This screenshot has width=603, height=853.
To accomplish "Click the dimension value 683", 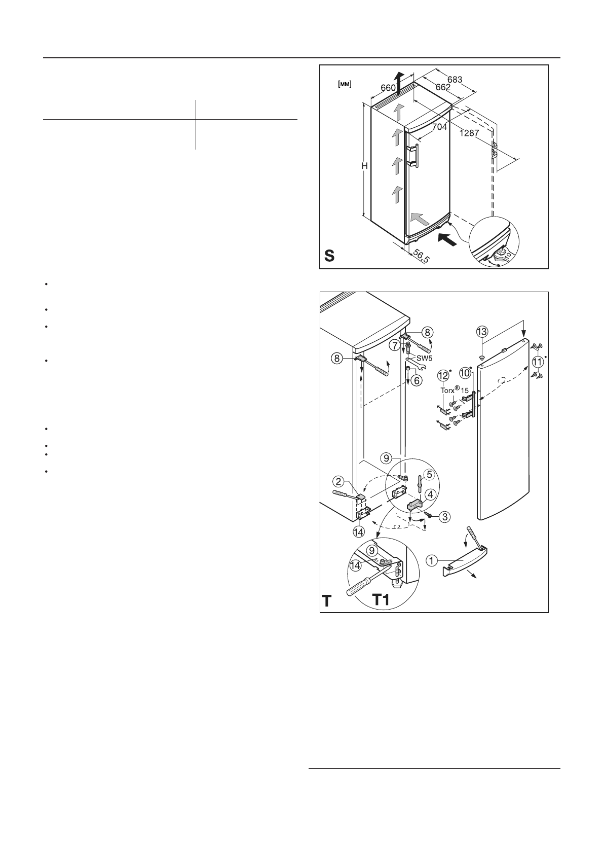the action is [455, 80].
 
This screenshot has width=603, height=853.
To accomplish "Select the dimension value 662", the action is [443, 87].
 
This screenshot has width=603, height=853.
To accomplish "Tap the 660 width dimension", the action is [388, 88].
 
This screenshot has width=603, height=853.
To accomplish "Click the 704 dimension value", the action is [439, 127].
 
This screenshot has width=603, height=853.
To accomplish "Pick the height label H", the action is [364, 166].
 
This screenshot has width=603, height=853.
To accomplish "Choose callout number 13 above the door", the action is [482, 332].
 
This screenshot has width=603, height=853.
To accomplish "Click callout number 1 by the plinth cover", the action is [431, 560].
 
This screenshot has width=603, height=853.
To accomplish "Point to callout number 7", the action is [394, 345].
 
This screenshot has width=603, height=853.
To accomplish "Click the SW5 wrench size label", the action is [424, 358].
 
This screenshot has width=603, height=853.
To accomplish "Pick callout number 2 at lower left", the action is [339, 480].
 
